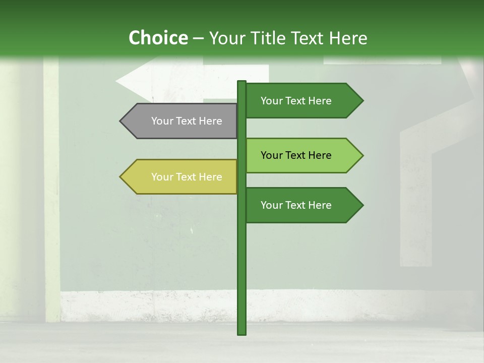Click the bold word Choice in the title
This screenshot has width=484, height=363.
[x=158, y=38]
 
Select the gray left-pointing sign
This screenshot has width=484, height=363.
[x=181, y=121]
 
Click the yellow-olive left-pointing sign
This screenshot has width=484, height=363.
[x=181, y=176]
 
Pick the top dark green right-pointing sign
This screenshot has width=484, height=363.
[x=300, y=100]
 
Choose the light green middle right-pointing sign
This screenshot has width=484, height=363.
[x=300, y=155]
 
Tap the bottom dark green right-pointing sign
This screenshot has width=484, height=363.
[x=300, y=205]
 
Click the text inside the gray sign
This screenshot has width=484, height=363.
[x=187, y=121]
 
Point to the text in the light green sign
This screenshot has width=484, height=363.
[x=296, y=155]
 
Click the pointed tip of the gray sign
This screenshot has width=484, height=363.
[x=121, y=121]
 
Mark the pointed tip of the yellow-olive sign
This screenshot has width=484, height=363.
[x=121, y=176]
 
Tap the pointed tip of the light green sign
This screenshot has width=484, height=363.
[x=362, y=155]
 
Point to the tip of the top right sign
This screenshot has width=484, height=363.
[x=362, y=100]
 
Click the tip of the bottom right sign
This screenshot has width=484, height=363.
[x=362, y=205]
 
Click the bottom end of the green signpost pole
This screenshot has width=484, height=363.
[x=241, y=333]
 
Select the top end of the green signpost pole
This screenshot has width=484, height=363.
[x=241, y=82]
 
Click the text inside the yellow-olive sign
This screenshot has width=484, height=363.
[x=187, y=177]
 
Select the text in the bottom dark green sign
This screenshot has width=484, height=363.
[x=296, y=205]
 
